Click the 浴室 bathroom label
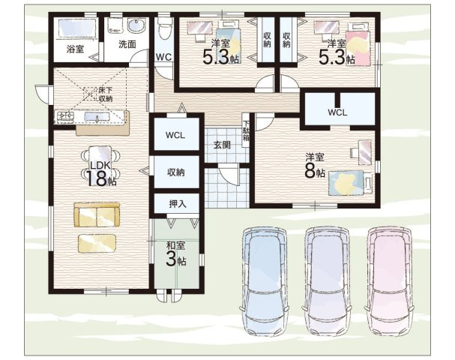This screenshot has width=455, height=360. click(x=75, y=49)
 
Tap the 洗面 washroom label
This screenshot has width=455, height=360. click(x=127, y=44)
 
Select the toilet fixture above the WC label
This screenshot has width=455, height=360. click(x=164, y=28)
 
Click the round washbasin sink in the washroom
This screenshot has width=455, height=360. click(x=136, y=25)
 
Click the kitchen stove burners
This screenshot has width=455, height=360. click(x=65, y=116)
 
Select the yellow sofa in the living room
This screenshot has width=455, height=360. click(x=97, y=214)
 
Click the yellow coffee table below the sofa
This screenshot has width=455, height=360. click(x=97, y=243)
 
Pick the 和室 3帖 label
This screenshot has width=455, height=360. click(x=176, y=254)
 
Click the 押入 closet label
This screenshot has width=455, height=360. click(x=178, y=204)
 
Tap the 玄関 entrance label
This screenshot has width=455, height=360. click(x=222, y=145)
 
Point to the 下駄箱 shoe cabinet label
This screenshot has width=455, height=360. click(x=246, y=130)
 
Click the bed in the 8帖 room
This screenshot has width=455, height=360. click(x=350, y=183)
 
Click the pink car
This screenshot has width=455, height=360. click(x=390, y=281)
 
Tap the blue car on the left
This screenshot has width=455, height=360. click(x=265, y=281)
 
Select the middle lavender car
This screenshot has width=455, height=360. click(x=327, y=281)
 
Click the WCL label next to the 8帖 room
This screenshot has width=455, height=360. click(x=337, y=112)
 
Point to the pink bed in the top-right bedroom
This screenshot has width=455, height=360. click(x=358, y=44)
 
